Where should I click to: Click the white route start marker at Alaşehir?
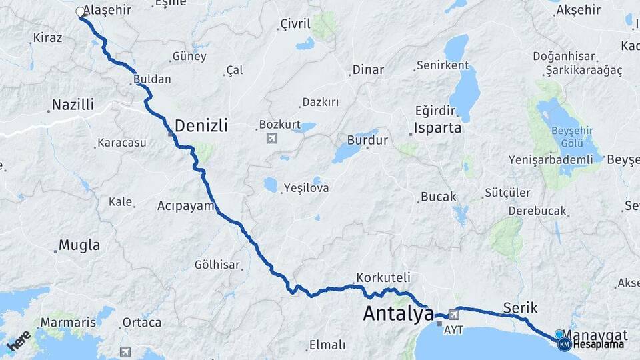pyautogui.click(x=80, y=12)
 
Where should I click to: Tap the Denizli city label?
pyautogui.click(x=201, y=125)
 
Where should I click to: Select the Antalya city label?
pyautogui.click(x=398, y=313)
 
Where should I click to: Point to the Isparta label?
pyautogui.click(x=438, y=127)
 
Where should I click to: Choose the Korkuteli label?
pyautogui.click(x=383, y=277)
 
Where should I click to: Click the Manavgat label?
pyautogui.click(x=595, y=334)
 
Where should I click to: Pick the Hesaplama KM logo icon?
pyautogui.click(x=565, y=344)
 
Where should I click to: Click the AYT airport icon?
pyautogui.click(x=455, y=315)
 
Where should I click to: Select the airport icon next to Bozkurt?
pyautogui.click(x=271, y=138)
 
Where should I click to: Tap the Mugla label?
pyautogui.click(x=79, y=245)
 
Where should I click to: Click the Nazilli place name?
pyautogui.click(x=73, y=105)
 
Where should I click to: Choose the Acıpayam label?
pyautogui.click(x=186, y=205)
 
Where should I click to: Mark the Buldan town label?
pyautogui.click(x=152, y=79)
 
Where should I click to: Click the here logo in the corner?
pyautogui.click(x=18, y=341)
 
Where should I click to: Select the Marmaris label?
pyautogui.click(x=68, y=323)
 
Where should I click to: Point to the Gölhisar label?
pyautogui.click(x=217, y=265)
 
